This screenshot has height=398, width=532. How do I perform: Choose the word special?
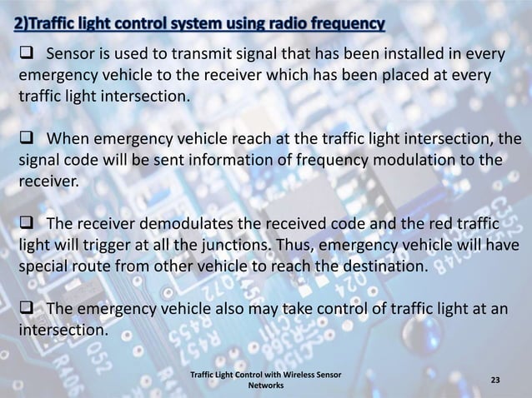point(42,268)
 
